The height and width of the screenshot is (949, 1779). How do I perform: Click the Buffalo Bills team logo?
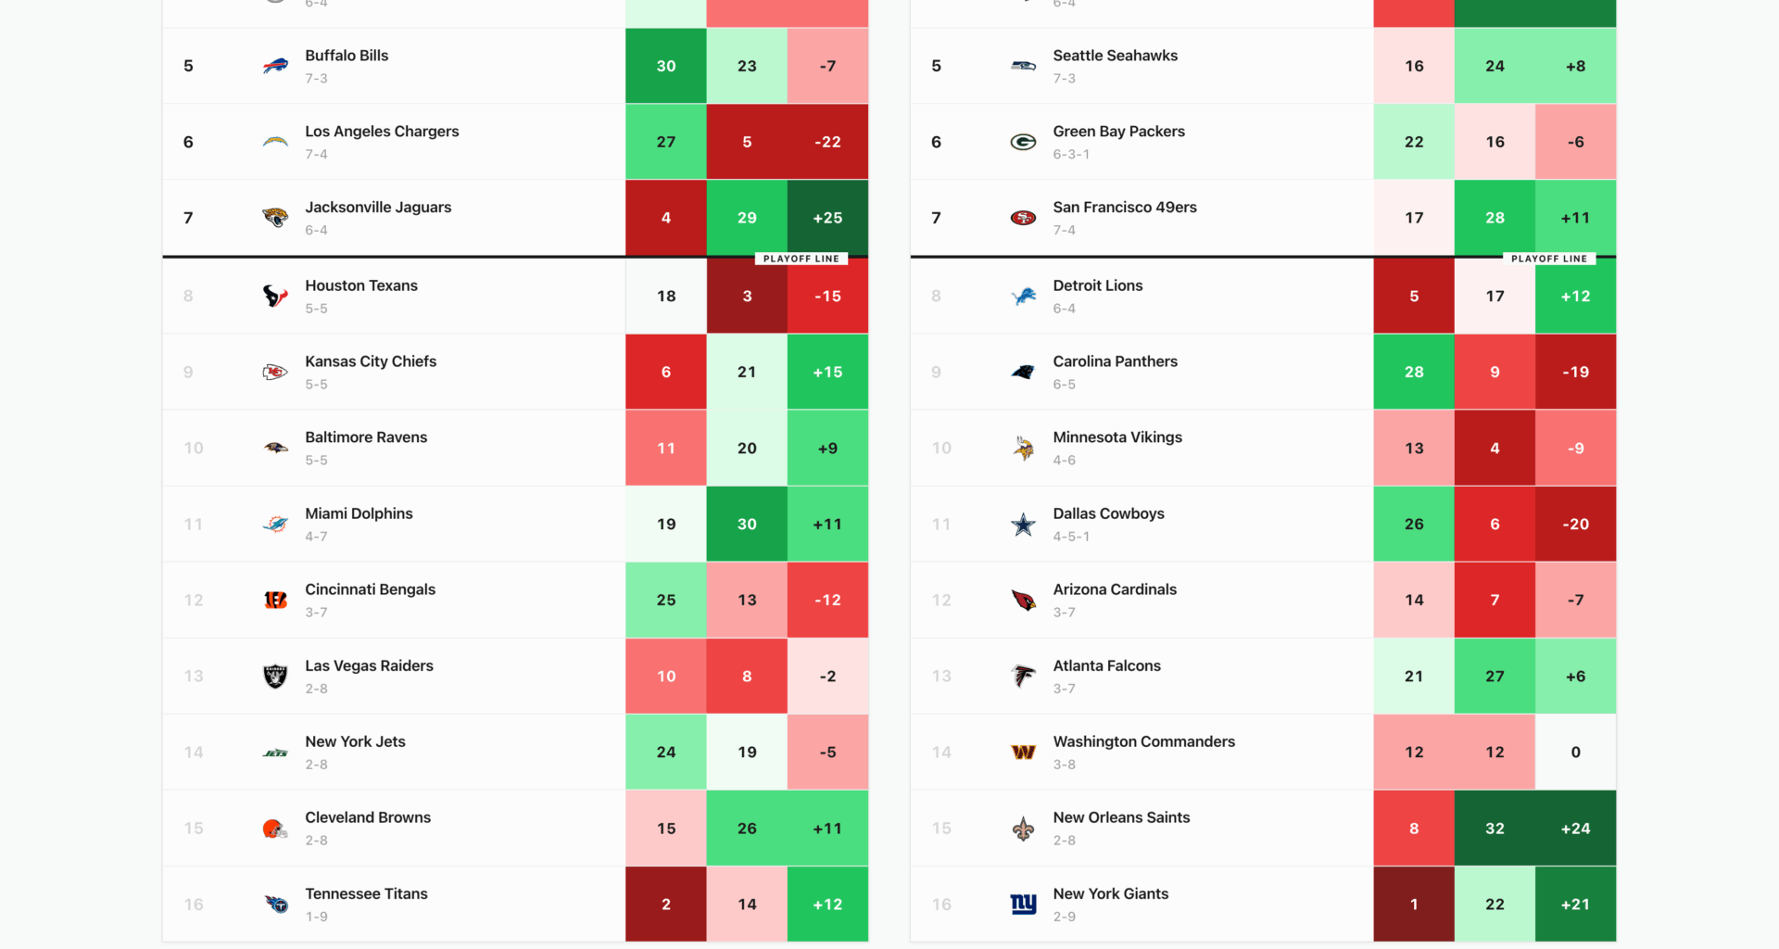(x=275, y=66)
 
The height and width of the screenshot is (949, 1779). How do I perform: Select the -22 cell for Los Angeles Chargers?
(x=827, y=142)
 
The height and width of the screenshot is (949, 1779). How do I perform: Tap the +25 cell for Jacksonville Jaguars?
(x=827, y=218)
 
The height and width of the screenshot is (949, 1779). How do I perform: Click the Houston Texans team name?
(x=361, y=285)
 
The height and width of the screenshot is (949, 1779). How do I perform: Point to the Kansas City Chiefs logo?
(x=275, y=373)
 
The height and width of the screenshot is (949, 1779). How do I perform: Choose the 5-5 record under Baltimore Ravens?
(x=316, y=461)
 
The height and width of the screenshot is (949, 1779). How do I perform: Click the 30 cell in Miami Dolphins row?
(x=747, y=525)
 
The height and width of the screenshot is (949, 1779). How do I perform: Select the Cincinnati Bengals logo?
(x=275, y=601)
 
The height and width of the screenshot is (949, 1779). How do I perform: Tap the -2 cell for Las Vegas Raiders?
(x=827, y=677)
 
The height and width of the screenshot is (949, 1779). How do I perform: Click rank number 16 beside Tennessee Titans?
(x=194, y=905)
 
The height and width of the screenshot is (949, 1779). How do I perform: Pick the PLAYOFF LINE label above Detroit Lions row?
(x=1548, y=259)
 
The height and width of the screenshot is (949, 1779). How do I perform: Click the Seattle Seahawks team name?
(x=1115, y=56)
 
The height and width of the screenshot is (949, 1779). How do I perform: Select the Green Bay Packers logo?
(x=1023, y=142)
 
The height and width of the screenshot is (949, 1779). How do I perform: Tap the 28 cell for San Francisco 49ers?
(x=1495, y=218)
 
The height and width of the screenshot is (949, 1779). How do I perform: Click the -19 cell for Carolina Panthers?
(x=1575, y=373)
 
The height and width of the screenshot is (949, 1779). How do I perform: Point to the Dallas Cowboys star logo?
(x=1023, y=525)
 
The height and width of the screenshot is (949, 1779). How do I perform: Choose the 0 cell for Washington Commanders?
(x=1575, y=753)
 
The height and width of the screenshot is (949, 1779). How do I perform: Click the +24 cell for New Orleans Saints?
(x=1575, y=829)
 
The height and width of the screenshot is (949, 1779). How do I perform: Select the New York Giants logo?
(x=1023, y=905)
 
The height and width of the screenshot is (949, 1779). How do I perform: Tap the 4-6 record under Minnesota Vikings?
(x=1064, y=461)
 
